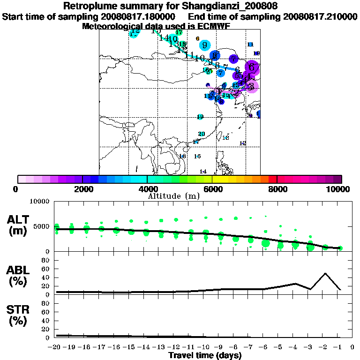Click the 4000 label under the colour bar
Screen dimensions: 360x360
point(148,189)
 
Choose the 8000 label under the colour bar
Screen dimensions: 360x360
point(277,189)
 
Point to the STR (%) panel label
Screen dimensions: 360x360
point(19,315)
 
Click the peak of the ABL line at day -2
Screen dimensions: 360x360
point(325,273)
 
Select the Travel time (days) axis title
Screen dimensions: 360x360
point(205,356)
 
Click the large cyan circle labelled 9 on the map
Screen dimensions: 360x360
point(205,45)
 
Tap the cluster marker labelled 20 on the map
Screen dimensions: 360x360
point(202,134)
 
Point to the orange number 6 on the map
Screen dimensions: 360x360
point(198,38)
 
